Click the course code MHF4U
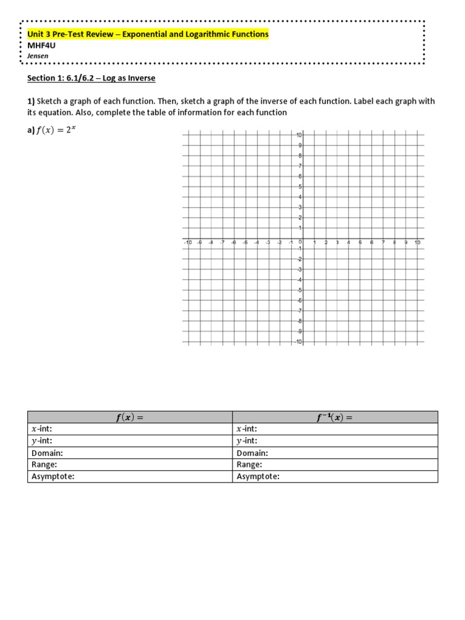[40, 45]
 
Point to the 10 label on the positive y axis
[298, 134]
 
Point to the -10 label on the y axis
[298, 342]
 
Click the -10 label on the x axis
[188, 243]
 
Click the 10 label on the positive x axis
[417, 243]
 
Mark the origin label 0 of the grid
[300, 243]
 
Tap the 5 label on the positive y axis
[299, 186]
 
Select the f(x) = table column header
[130, 417]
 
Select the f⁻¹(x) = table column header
[335, 417]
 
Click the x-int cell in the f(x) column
[130, 429]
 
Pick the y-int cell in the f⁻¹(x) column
[335, 441]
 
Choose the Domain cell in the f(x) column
[130, 453]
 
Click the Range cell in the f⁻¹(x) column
[335, 464]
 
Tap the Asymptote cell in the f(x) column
[130, 477]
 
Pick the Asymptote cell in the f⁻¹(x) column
[335, 477]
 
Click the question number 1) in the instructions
[32, 102]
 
